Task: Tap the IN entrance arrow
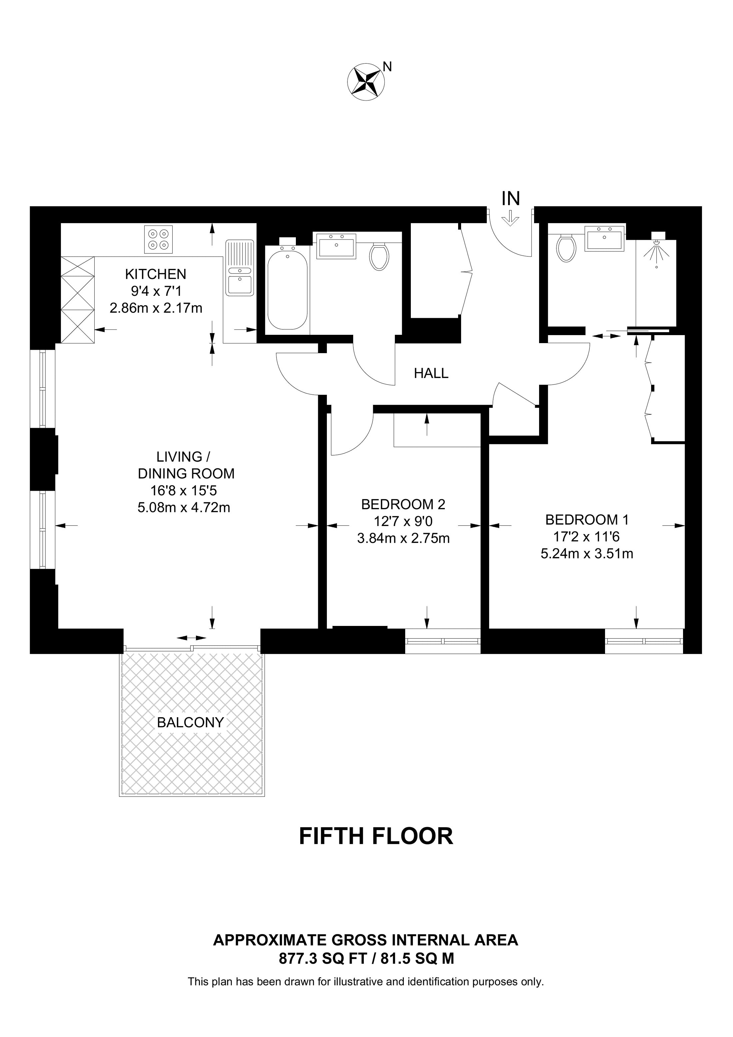click(511, 218)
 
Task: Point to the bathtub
click(287, 289)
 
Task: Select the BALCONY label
click(190, 722)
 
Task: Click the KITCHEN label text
click(155, 274)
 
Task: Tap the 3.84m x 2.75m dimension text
click(403, 538)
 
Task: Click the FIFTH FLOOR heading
click(376, 836)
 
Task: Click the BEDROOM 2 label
click(403, 504)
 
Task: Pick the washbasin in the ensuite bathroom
click(605, 238)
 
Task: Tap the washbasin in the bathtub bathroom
click(337, 246)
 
